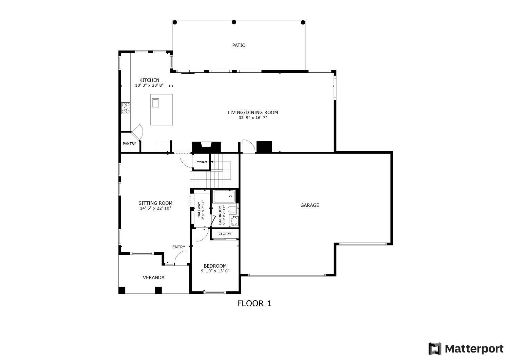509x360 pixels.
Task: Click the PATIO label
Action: click(239, 45)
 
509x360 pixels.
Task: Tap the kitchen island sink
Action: click(155, 103)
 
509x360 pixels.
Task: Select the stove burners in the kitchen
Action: click(126, 108)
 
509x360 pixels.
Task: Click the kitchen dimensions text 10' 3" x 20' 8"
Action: click(149, 86)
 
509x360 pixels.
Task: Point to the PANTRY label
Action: click(129, 144)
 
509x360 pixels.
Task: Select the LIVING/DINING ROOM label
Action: click(252, 112)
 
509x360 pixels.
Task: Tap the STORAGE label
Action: click(202, 162)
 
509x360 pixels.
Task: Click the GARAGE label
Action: click(309, 205)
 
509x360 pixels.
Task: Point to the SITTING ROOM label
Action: click(155, 203)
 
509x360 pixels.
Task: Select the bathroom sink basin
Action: click(234, 221)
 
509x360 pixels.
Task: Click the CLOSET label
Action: click(225, 234)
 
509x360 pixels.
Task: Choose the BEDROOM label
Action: click(215, 266)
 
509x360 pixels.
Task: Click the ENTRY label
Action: click(178, 247)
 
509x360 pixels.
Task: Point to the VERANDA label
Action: click(153, 277)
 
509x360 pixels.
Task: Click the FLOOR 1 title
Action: click(254, 303)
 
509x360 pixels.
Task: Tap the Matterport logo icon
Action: click(435, 349)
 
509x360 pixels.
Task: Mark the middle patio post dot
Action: click(234, 22)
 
